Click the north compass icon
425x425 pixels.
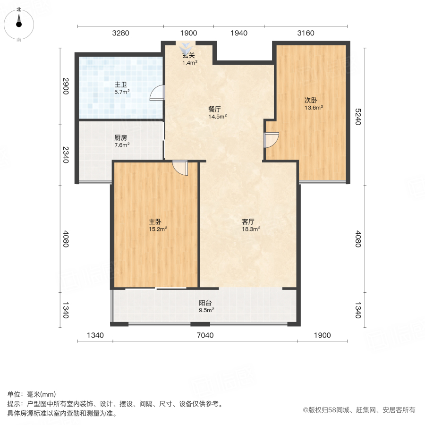(18, 23)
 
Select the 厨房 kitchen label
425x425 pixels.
(121, 138)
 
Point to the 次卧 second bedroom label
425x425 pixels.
(310, 100)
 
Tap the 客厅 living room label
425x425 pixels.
(248, 221)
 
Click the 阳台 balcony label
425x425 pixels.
(205, 303)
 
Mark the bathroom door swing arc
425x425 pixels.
(157, 93)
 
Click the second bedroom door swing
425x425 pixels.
(272, 140)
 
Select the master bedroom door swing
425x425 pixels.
(180, 168)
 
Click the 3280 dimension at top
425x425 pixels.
(120, 33)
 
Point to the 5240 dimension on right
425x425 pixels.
(358, 116)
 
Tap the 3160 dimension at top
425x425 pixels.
(306, 33)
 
